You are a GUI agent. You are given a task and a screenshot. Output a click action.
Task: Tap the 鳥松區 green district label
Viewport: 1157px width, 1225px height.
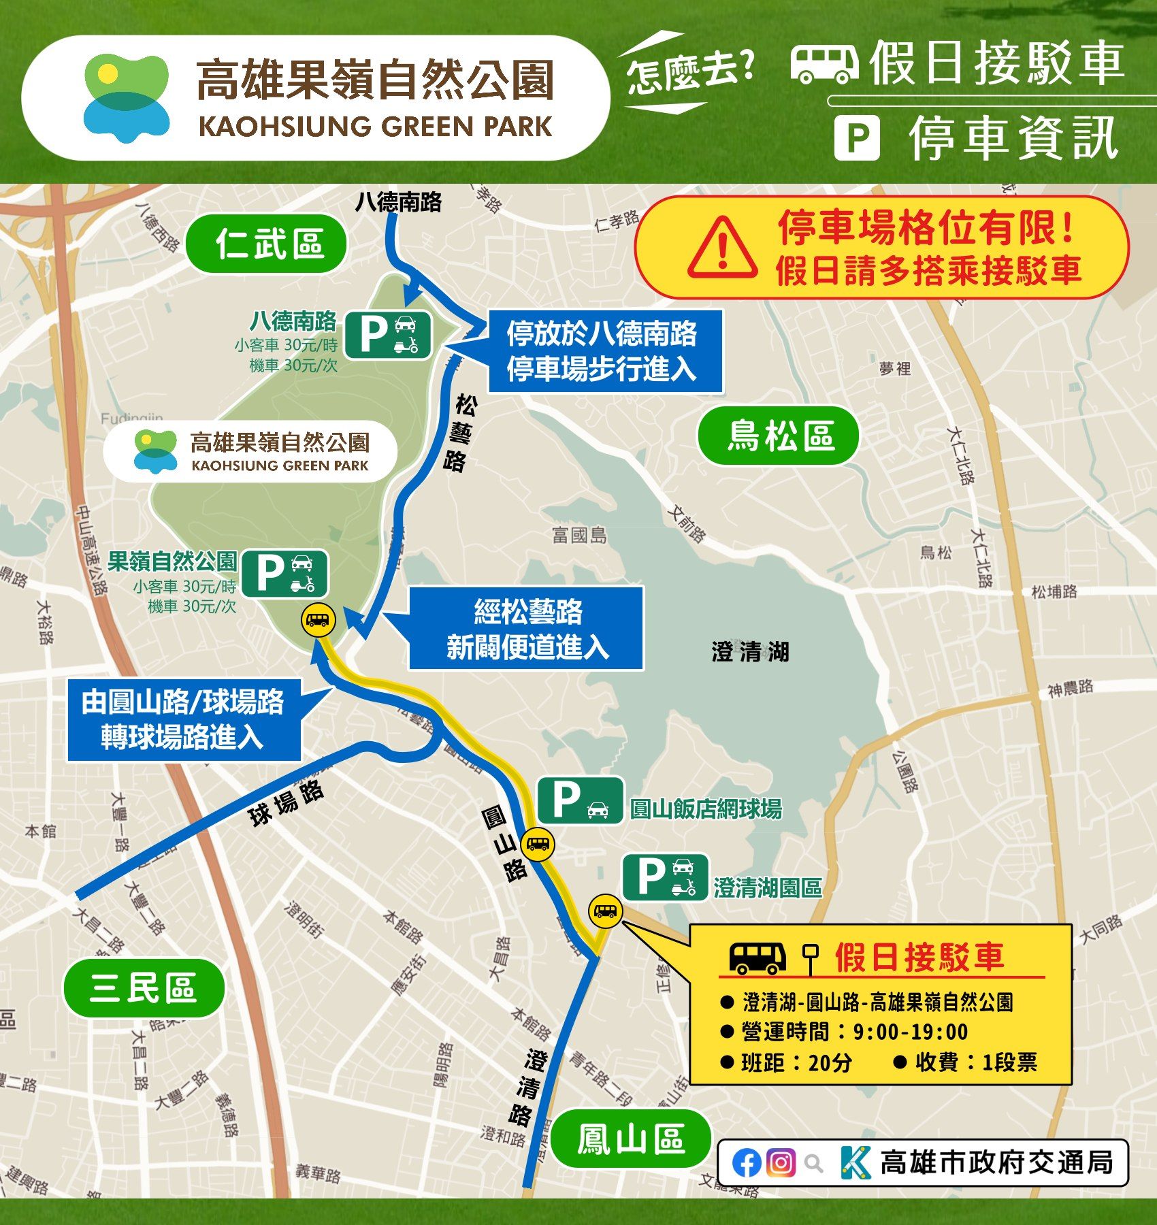pos(778,436)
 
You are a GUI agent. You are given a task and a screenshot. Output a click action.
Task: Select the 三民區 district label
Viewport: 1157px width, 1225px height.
pos(144,988)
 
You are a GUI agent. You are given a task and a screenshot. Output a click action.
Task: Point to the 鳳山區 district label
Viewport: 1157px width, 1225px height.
pos(630,1139)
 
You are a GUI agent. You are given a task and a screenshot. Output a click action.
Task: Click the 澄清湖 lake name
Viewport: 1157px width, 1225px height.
pos(750,651)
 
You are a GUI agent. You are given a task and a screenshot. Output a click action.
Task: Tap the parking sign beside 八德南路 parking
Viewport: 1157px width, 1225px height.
pos(388,335)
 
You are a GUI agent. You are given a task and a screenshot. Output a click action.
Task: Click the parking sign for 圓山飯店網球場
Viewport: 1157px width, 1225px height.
pos(580,800)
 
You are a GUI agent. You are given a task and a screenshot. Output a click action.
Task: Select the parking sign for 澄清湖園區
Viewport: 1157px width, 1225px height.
pos(665,878)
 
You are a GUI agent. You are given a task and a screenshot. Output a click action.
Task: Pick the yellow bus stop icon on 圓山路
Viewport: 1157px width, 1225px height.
pos(538,845)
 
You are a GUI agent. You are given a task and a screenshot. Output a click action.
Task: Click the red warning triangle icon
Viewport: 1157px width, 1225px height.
pos(722,248)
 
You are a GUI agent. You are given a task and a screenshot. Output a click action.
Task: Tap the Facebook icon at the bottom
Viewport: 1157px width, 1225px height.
pos(747,1162)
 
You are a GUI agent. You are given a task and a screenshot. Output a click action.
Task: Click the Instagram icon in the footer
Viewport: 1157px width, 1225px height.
pos(781,1162)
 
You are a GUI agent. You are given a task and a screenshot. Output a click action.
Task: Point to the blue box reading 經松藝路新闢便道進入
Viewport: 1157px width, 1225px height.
pos(526,629)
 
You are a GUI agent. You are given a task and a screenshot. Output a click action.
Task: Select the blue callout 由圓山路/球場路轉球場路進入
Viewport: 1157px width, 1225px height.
pos(184,720)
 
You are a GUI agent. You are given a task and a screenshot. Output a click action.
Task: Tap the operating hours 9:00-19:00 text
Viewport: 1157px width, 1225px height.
pos(909,1032)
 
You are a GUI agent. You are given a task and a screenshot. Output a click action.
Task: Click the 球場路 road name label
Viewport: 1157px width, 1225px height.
pos(286,803)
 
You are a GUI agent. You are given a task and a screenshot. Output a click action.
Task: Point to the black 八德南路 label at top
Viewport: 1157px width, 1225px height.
pos(399,202)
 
